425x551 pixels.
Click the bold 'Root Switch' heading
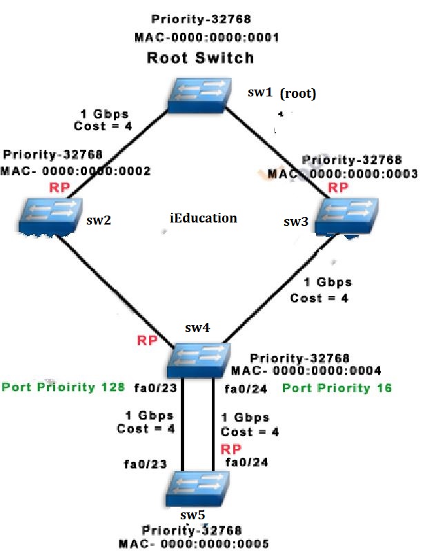click(200, 58)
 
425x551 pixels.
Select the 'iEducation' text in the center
click(203, 218)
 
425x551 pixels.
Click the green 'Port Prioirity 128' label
click(63, 387)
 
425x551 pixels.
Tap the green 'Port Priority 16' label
click(337, 388)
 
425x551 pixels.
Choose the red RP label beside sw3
click(337, 187)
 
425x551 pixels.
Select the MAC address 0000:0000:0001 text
click(201, 37)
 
